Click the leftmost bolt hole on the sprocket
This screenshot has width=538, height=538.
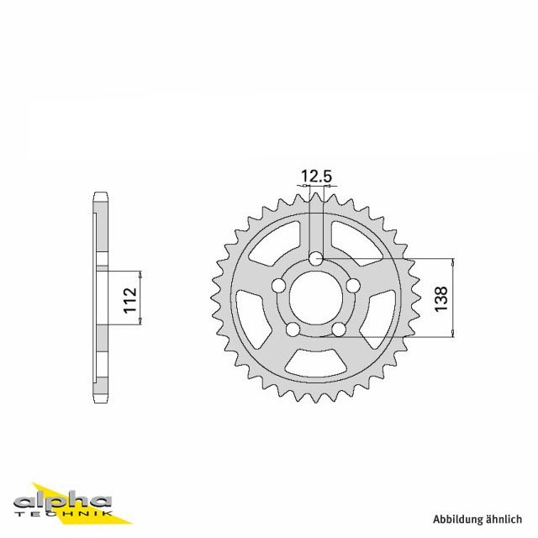(x=278, y=285)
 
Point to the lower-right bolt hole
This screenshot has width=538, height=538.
(x=338, y=329)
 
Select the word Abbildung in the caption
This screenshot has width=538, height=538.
(x=457, y=519)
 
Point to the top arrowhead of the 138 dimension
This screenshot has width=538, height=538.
(x=455, y=261)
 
